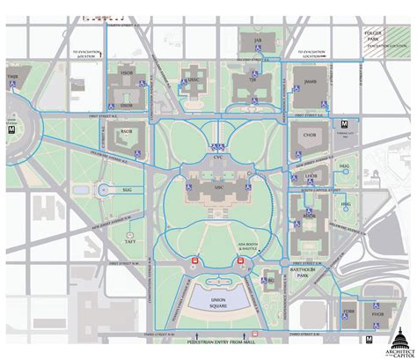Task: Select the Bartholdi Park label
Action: point(308,274)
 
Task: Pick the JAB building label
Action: point(258,40)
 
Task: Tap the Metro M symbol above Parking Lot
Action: point(345,123)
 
